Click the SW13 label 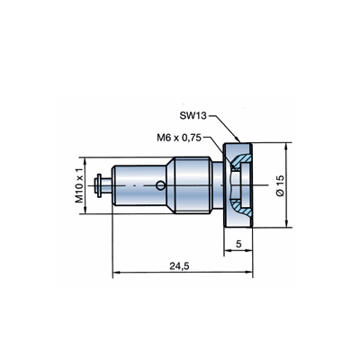point(193,115)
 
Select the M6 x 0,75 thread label point(180,138)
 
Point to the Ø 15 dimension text point(279,186)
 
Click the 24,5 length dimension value point(179,265)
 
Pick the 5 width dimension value point(238,244)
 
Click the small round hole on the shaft point(160,185)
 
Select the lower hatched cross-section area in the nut point(240,208)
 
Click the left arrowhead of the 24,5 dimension point(116,272)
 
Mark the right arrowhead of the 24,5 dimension point(249,272)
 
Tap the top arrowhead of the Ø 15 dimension point(287,147)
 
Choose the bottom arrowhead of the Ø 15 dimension point(287,223)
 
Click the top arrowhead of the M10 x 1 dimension point(85,161)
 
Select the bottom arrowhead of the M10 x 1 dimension point(85,210)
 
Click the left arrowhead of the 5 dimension point(228,250)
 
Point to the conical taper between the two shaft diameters point(170,185)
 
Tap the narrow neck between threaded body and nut point(217,185)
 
